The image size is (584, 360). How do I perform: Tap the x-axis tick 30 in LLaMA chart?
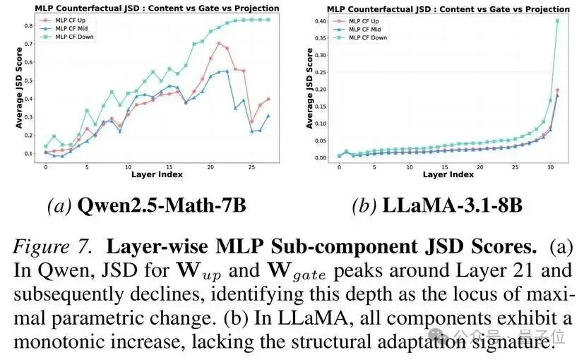click(x=551, y=167)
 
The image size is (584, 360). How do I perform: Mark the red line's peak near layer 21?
click(x=220, y=43)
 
